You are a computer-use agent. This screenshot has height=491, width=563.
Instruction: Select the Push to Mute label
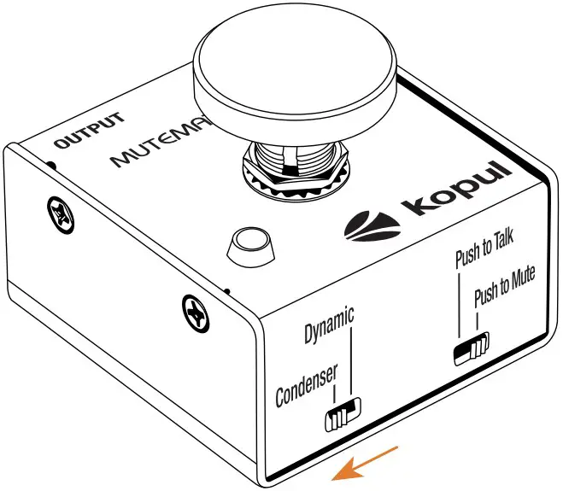click(504, 292)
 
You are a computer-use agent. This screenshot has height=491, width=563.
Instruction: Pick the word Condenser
click(307, 384)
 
